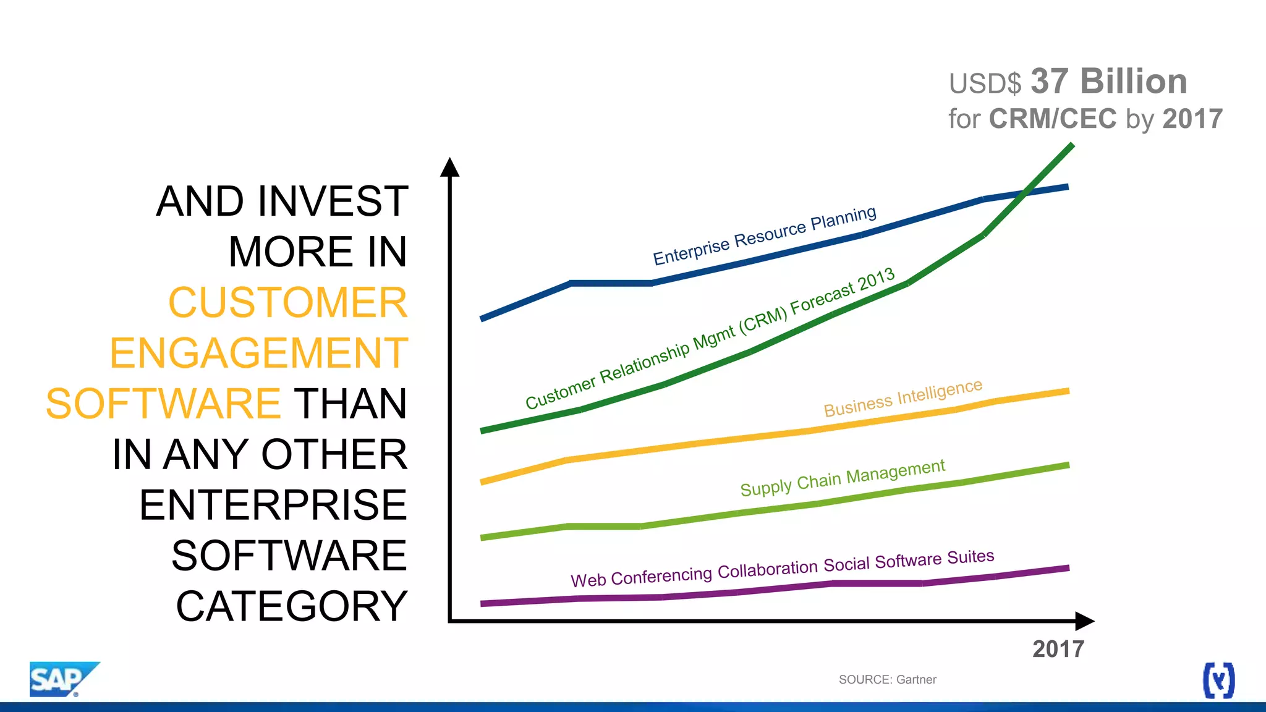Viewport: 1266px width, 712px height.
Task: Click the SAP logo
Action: coord(62,679)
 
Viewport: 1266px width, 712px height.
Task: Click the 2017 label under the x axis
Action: coord(1058,649)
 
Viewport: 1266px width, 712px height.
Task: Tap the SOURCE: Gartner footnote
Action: coord(887,679)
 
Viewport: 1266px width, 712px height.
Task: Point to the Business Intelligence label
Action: coord(903,399)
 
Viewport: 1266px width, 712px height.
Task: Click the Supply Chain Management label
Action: coord(842,478)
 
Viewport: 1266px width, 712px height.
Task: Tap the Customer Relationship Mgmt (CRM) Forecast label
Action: coord(709,339)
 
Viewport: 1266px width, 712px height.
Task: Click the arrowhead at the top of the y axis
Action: coord(449,167)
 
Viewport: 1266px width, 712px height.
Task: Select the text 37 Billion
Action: coord(1108,82)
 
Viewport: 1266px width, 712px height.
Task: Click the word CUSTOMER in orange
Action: coord(287,303)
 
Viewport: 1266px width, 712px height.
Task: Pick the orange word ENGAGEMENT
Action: coord(258,354)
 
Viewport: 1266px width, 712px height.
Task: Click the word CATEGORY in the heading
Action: coord(291,606)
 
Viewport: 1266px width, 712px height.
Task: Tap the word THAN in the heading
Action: coord(350,404)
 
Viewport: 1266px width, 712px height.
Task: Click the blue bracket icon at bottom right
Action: coord(1218,680)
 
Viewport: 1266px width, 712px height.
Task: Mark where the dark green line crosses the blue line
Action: coord(1025,193)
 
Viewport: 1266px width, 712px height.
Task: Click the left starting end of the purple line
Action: coord(483,603)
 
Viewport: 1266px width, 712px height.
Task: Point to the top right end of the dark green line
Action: coord(1071,146)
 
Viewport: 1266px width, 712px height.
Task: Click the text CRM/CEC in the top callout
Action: coord(1053,119)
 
